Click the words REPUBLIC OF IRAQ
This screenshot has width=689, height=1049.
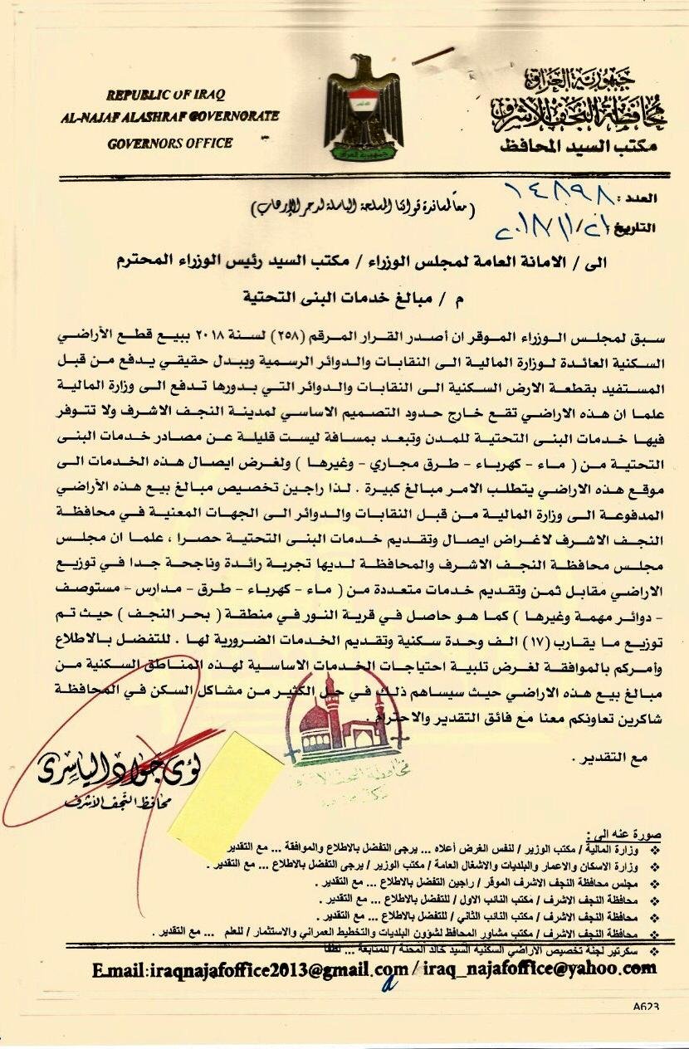pos(165,94)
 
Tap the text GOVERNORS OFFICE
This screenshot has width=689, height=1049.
pos(169,143)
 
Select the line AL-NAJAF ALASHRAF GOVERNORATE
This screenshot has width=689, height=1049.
pos(169,117)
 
